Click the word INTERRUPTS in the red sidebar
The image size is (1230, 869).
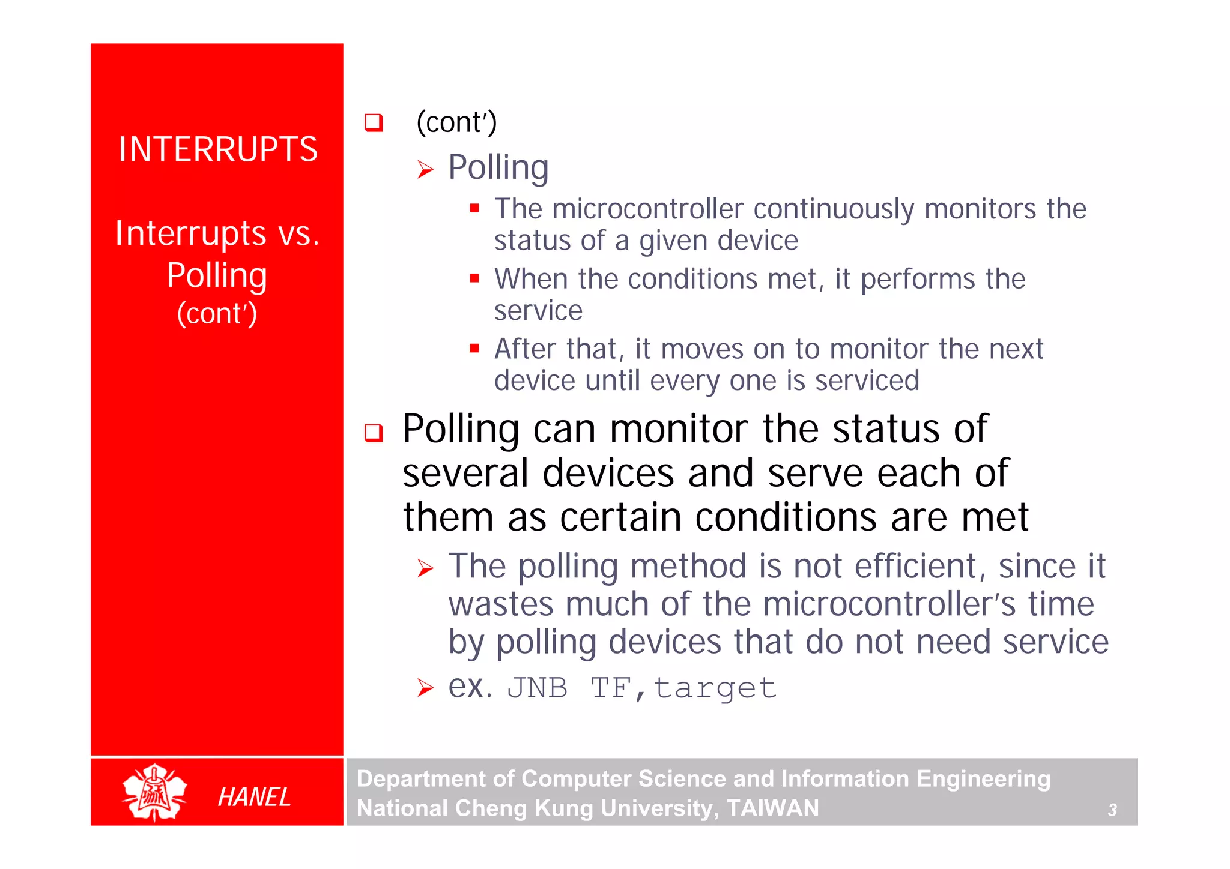pos(217,149)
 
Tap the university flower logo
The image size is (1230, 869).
pos(154,793)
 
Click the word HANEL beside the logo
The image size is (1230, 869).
pos(254,797)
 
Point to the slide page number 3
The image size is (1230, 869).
pos(1112,810)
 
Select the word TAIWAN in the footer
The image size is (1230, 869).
pos(772,808)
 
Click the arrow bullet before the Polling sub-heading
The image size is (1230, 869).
pos(425,170)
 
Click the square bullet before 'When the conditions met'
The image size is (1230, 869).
pos(474,278)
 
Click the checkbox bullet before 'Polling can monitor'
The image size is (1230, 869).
pos(374,432)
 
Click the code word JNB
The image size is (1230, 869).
pos(537,688)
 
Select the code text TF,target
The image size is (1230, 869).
pos(683,688)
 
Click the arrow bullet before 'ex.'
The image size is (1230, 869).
pos(425,687)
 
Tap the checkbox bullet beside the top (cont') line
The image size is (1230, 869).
pos(374,122)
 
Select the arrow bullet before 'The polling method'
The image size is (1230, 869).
pos(425,568)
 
